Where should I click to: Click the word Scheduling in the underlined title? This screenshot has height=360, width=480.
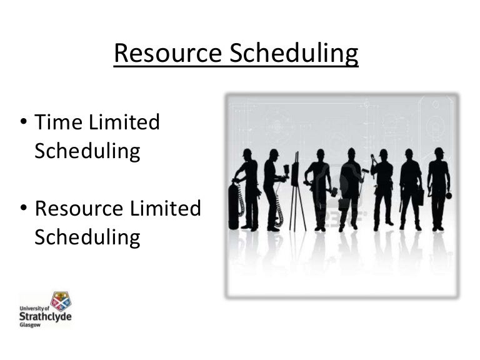pos(294,54)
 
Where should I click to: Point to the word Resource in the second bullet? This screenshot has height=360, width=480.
pos(79,208)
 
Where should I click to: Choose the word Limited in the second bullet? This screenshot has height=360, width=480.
pos(166,208)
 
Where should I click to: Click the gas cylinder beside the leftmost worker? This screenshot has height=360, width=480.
pos(234,206)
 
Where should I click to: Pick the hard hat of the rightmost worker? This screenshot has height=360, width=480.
pos(439,151)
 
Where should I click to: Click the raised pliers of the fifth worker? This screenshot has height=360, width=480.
pos(373,159)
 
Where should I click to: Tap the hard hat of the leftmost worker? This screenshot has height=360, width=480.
pos(247,152)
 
